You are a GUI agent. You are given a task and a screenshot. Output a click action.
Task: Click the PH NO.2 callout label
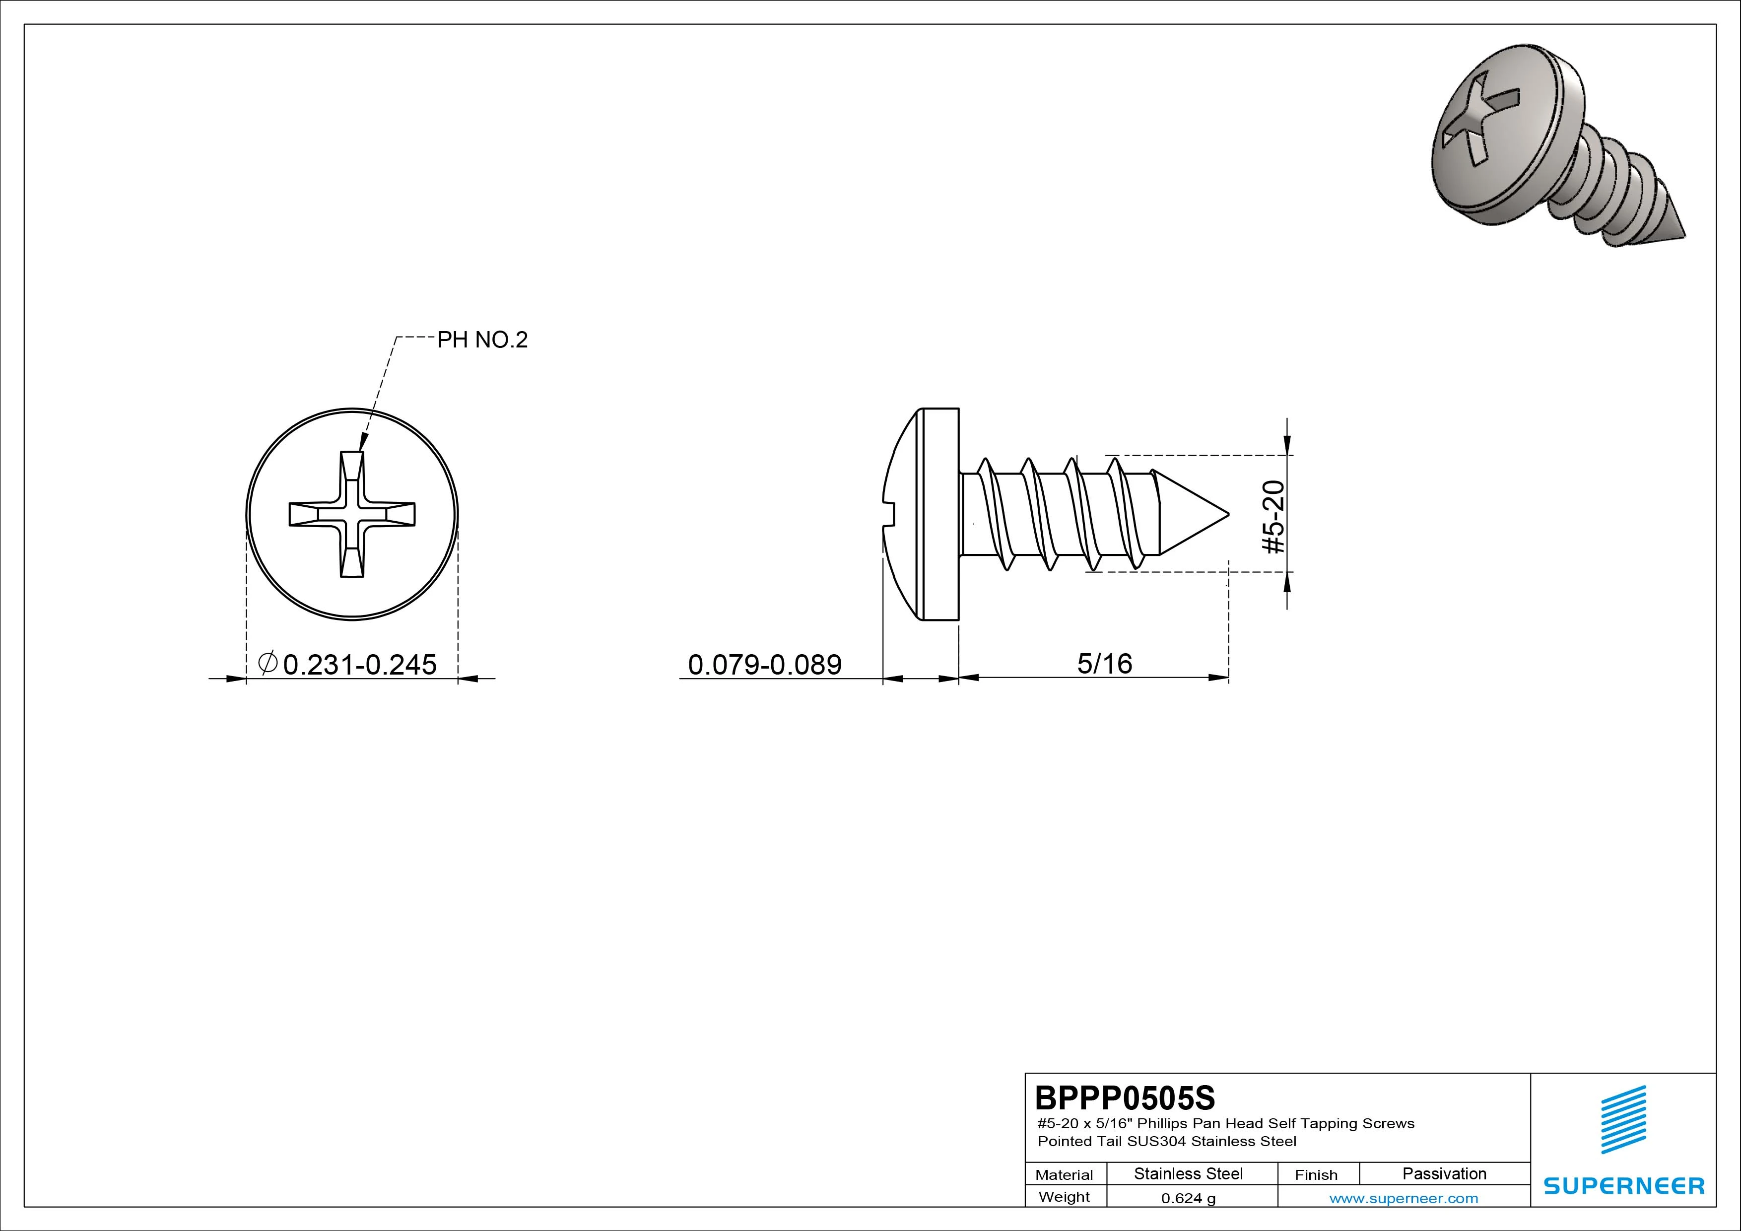482,340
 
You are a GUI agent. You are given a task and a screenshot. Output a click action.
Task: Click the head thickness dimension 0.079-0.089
764,665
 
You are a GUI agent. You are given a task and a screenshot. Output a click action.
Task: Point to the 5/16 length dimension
1105,664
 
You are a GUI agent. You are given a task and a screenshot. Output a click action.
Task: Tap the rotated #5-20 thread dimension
1274,517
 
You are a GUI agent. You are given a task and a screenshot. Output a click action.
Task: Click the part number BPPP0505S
1125,1097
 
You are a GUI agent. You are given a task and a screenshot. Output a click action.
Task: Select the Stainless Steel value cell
1188,1173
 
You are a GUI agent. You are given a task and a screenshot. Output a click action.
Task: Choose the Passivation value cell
1445,1173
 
